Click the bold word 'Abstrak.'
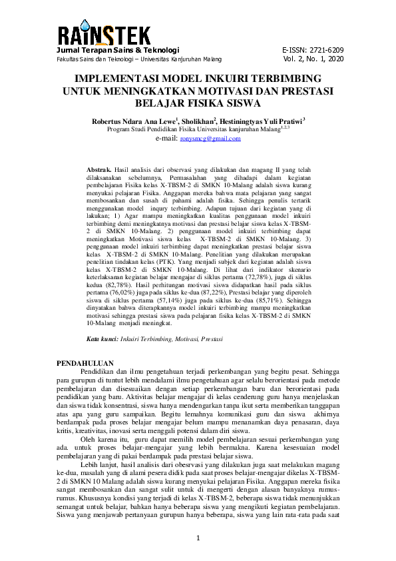(x=100, y=171)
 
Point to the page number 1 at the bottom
(x=198, y=537)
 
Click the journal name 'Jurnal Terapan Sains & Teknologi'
(x=118, y=50)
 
